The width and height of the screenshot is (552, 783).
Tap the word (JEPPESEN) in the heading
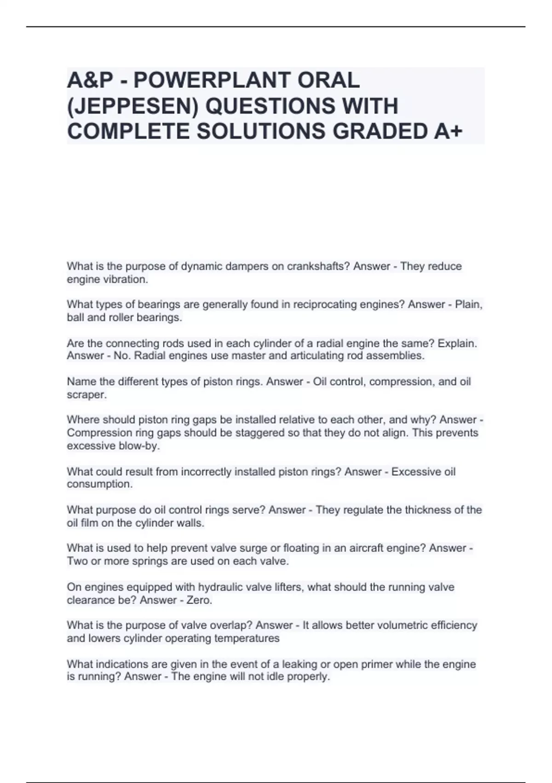pos(132,106)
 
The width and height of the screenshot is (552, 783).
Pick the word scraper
pos(86,395)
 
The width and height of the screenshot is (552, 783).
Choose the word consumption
pos(99,484)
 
